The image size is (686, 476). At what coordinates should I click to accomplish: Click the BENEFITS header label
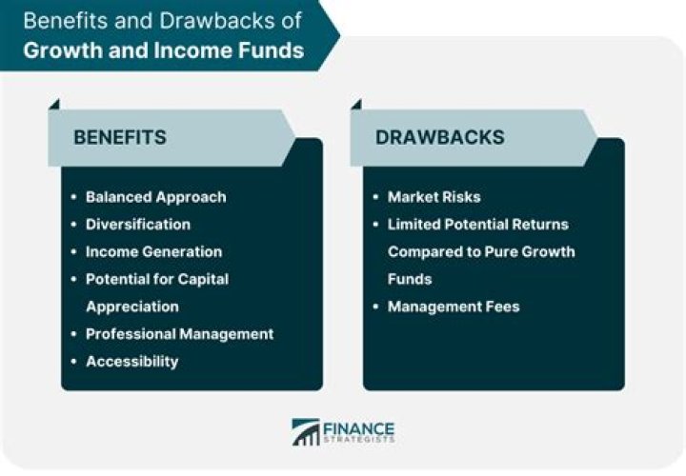(120, 137)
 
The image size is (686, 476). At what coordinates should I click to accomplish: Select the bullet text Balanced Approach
(155, 197)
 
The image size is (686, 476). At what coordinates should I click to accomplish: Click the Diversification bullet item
(138, 224)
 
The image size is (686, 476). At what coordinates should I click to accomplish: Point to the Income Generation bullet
(153, 251)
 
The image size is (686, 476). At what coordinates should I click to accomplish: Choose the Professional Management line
(179, 333)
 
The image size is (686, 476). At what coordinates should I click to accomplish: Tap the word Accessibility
(131, 361)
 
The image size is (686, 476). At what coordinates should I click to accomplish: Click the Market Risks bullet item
(434, 197)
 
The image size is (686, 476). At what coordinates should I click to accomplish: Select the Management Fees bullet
(453, 307)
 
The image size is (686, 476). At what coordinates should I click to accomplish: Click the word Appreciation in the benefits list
(131, 307)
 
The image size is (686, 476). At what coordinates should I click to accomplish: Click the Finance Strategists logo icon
(306, 432)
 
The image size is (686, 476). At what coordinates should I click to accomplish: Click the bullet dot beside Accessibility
(74, 361)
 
